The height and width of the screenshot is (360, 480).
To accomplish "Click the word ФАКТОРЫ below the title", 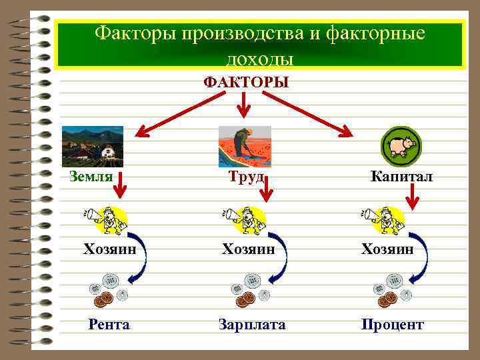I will click(246, 82).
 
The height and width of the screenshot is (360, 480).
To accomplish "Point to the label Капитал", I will click(401, 177).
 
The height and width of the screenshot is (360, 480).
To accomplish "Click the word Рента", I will click(109, 325).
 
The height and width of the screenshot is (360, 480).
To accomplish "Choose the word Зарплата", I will click(252, 325).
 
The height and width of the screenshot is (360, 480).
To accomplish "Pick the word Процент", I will click(392, 325).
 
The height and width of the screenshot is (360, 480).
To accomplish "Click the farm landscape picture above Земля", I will click(92, 146).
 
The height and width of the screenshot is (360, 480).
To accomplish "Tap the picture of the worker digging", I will click(245, 146).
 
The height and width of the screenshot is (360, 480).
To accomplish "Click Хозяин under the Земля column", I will click(109, 249).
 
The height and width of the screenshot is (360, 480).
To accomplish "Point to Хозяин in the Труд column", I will click(248, 249).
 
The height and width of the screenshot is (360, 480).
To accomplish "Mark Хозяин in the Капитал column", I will click(387, 249).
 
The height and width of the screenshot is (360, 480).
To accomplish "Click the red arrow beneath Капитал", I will click(413, 197).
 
